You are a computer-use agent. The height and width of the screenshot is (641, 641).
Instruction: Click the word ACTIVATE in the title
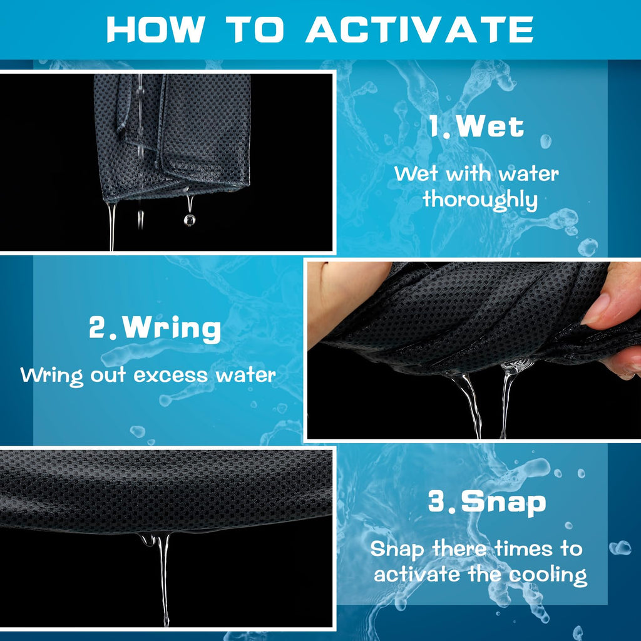pyautogui.click(x=420, y=30)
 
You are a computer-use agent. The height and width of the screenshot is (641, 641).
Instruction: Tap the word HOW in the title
pyautogui.click(x=155, y=30)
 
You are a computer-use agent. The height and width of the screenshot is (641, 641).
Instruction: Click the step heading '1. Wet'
pyautogui.click(x=476, y=126)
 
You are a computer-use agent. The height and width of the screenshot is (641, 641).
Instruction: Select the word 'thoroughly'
pyautogui.click(x=480, y=200)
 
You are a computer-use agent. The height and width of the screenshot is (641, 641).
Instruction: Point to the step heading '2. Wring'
pyautogui.click(x=155, y=328)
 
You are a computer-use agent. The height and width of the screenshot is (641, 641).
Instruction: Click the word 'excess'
pyautogui.click(x=170, y=376)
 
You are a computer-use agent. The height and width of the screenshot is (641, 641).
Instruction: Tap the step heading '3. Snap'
pyautogui.click(x=487, y=501)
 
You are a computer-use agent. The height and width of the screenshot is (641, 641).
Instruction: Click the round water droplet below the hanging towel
pyautogui.click(x=189, y=220)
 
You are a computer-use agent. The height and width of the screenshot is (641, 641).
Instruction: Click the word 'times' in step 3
pyautogui.click(x=524, y=548)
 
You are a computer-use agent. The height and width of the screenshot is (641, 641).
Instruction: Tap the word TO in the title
pyautogui.click(x=255, y=30)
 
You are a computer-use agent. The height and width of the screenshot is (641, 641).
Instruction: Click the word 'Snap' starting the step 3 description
pyautogui.click(x=396, y=550)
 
